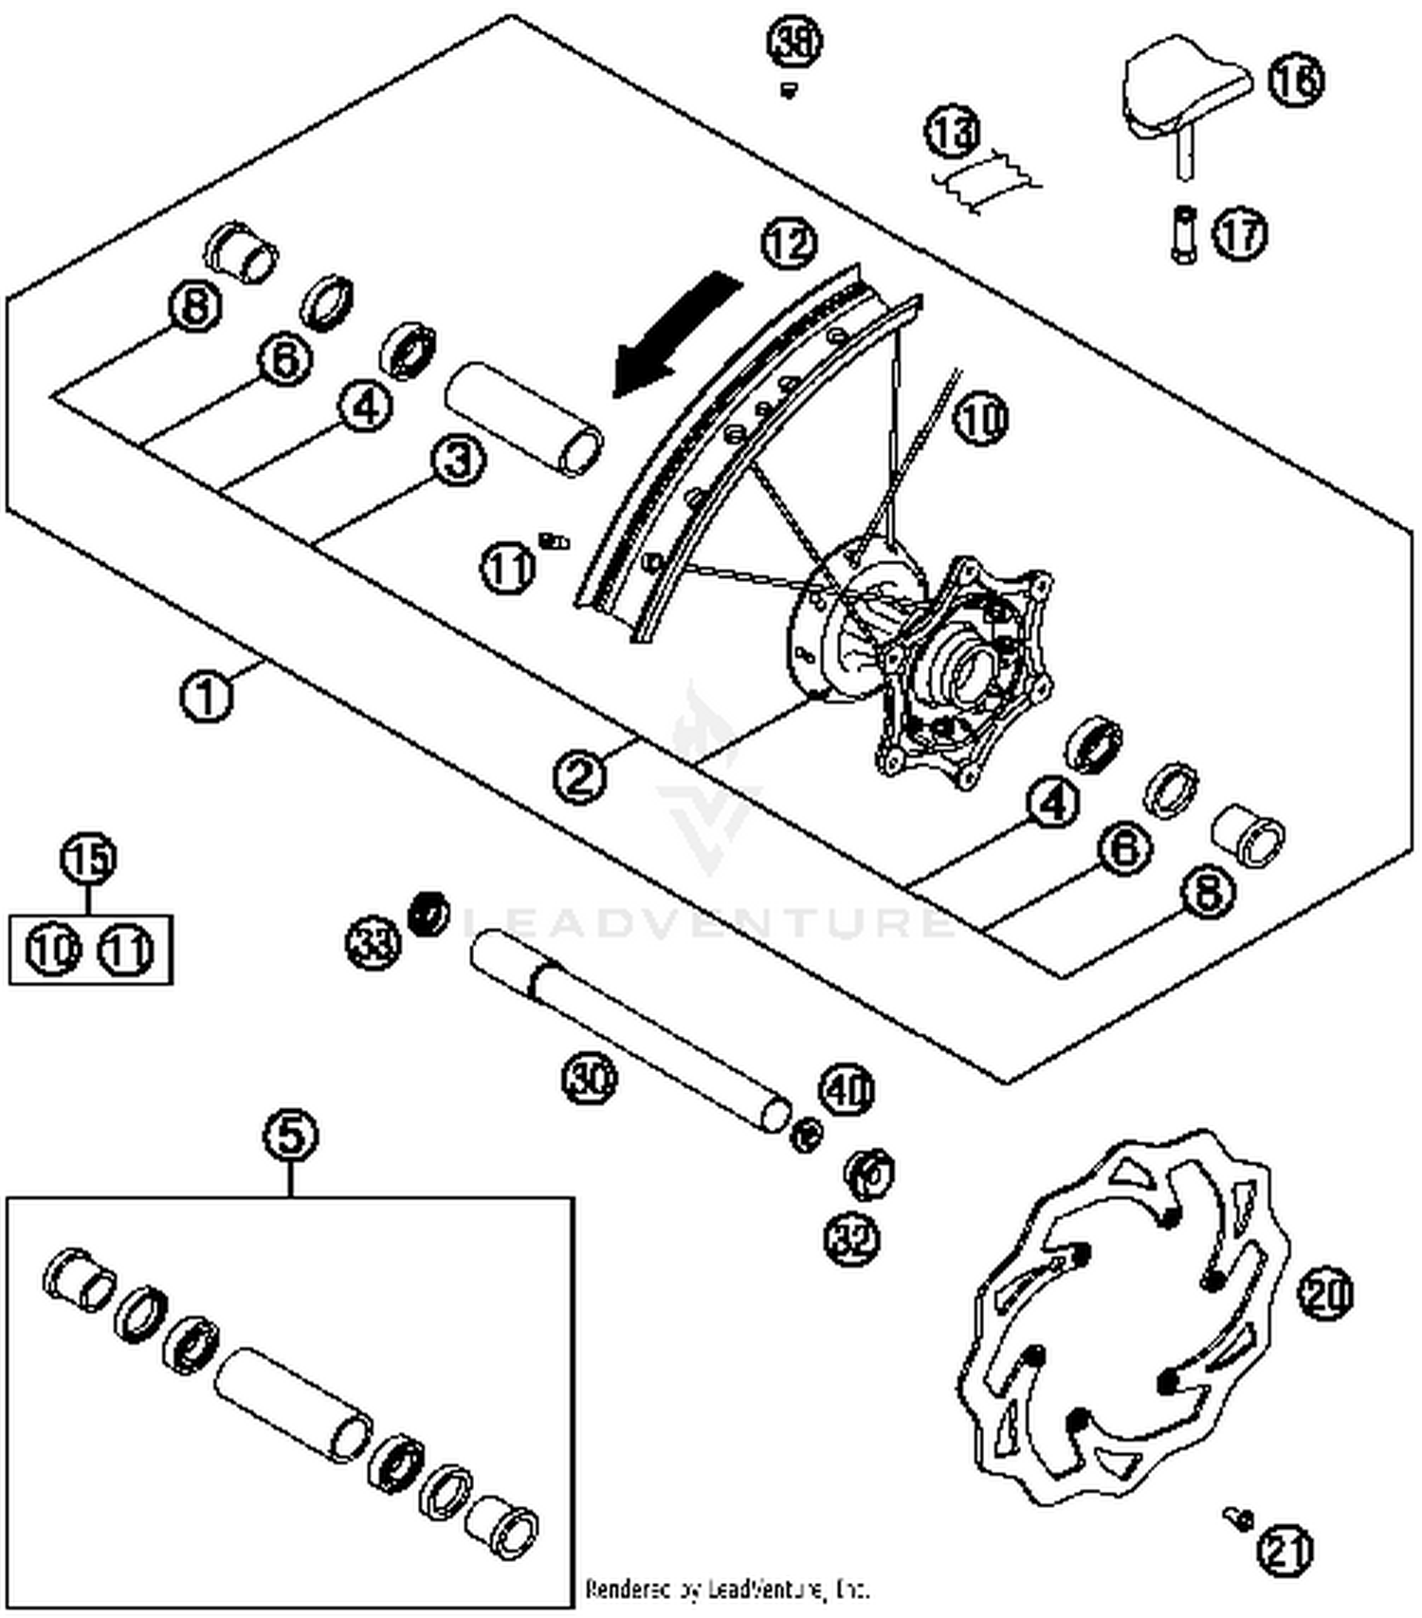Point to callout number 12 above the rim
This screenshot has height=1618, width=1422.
(789, 244)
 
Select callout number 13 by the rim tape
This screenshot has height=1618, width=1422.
(953, 131)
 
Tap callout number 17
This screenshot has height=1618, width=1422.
(1240, 233)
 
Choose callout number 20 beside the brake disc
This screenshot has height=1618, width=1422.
(1325, 1294)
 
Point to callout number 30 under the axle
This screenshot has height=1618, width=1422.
(590, 1078)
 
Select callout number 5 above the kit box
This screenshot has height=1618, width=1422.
(291, 1135)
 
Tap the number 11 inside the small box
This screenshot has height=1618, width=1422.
(126, 950)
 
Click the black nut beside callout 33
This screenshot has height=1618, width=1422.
(428, 912)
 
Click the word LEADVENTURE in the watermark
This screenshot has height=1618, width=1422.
(706, 921)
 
